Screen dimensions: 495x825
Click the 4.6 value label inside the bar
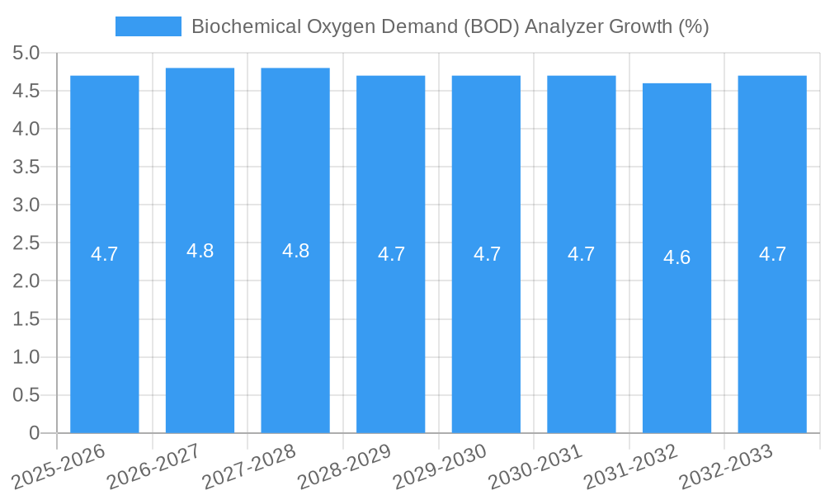pos(676,257)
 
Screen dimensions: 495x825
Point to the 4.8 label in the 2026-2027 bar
pos(200,252)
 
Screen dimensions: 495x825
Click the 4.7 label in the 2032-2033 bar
pos(772,254)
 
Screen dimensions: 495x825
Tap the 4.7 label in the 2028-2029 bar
pos(391,254)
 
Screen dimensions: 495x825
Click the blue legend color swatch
pos(148,26)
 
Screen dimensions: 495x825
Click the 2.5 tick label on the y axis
pos(26,243)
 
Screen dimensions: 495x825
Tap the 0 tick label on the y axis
pos(34,433)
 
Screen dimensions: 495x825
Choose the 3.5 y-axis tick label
pos(26,167)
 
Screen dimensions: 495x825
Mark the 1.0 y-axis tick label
pos(26,357)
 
